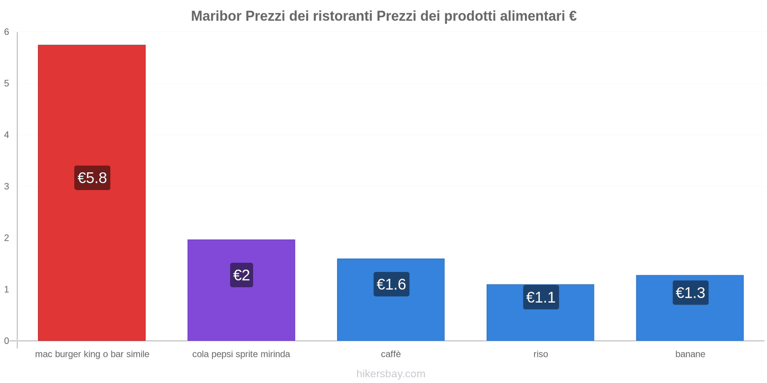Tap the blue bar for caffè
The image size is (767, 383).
391,316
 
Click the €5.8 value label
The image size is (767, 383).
92,178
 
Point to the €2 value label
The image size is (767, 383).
242,275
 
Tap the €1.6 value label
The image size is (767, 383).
391,284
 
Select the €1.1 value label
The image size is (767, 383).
541,297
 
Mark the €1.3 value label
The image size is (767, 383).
690,293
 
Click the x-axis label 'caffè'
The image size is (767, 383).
391,354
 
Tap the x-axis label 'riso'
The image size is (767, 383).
540,354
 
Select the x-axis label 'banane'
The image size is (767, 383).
690,354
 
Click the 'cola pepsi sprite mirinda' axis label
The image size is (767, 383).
241,354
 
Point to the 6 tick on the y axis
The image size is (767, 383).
7,32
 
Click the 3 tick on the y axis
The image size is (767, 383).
7,186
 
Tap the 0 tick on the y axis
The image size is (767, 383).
7,341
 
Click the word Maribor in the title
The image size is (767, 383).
216,16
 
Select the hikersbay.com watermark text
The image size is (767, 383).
391,374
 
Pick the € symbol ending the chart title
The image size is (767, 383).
572,16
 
